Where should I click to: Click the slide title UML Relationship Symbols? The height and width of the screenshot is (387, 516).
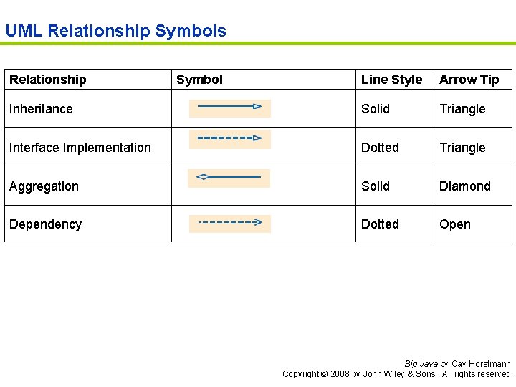point(115,31)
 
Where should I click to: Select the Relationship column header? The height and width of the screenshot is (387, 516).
point(47,80)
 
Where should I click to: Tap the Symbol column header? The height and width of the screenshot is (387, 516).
point(199,80)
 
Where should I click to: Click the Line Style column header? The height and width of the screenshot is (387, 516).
point(391,80)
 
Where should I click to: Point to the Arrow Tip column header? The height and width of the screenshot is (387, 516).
point(469,80)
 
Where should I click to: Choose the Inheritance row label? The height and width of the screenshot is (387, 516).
point(41,109)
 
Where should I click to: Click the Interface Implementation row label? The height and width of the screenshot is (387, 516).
point(80,148)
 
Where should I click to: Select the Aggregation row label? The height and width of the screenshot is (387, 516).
point(44,186)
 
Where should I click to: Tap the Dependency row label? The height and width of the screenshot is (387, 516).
point(45,224)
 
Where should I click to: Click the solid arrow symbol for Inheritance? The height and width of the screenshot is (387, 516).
point(229,107)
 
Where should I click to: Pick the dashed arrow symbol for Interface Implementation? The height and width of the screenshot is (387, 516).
point(229,138)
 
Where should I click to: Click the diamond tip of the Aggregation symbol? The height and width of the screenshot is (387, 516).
point(203,176)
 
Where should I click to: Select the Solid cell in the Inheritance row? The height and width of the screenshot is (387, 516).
point(376,109)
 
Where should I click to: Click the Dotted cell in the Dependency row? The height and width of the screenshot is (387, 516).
point(380,224)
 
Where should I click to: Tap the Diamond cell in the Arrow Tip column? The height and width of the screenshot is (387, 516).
point(465,186)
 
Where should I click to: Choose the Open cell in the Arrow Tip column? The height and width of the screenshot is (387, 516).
point(455,224)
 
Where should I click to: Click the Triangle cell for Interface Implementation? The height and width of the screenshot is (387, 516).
point(462,148)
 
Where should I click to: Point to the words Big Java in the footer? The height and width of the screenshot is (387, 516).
point(421,364)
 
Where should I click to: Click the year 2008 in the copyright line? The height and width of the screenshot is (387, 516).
point(340,374)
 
